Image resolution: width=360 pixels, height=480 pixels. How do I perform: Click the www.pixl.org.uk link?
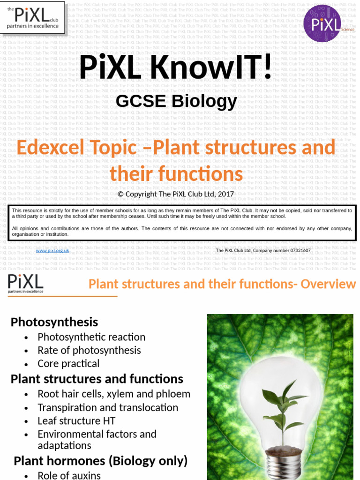(x=52, y=251)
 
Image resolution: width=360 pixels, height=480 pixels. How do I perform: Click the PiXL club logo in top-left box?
(x=32, y=18)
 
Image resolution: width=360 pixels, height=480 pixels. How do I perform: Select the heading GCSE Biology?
(x=176, y=101)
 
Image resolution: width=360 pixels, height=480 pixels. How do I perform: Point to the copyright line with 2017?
(x=176, y=194)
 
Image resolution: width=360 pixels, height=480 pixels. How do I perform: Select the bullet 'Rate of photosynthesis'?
(x=89, y=350)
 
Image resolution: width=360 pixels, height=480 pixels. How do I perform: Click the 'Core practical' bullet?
(x=68, y=364)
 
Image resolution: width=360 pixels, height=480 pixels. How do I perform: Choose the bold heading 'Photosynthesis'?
(x=54, y=322)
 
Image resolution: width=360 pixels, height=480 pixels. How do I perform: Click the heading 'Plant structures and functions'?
(x=97, y=379)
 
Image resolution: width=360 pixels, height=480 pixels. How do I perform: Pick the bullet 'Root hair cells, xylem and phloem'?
(x=114, y=394)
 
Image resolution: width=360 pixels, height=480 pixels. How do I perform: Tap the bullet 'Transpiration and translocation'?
(x=108, y=408)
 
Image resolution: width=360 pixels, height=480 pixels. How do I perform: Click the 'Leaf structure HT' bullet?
(x=76, y=421)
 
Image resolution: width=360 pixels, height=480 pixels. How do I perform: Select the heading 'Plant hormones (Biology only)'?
(x=101, y=461)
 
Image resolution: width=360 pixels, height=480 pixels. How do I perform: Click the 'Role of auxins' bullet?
(x=69, y=475)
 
